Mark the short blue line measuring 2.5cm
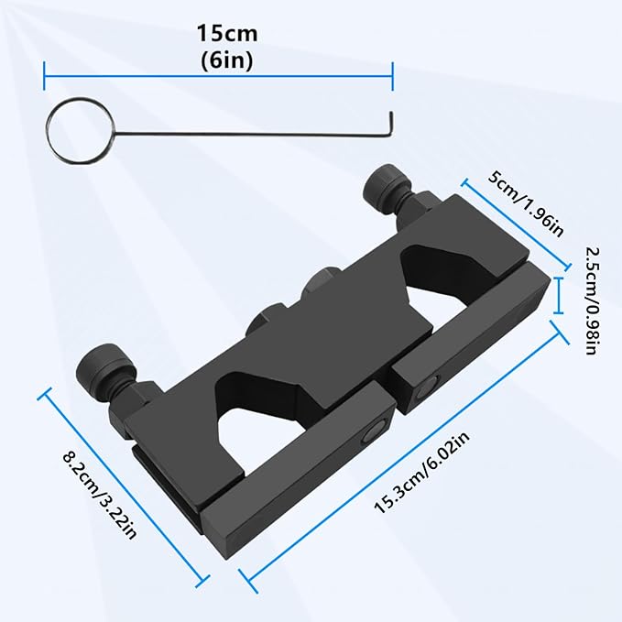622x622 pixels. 560,296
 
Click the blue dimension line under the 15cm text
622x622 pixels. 218,77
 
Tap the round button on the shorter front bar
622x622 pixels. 374,431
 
